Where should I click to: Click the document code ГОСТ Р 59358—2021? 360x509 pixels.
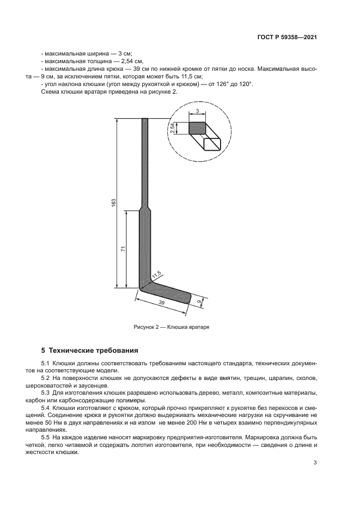(287, 38)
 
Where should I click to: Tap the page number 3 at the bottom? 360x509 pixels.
(315, 463)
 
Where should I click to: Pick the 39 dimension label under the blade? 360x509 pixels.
(161, 302)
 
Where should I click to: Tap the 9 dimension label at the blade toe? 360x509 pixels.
(199, 301)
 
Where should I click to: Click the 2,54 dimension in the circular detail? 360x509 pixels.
(173, 128)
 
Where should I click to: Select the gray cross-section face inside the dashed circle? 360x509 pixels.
(197, 128)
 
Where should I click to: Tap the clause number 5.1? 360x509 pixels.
(46, 363)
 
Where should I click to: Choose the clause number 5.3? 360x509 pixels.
(46, 393)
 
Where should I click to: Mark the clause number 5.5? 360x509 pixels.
(46, 437)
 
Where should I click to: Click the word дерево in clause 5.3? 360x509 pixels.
(197, 393)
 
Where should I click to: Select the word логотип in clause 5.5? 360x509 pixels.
(152, 445)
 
